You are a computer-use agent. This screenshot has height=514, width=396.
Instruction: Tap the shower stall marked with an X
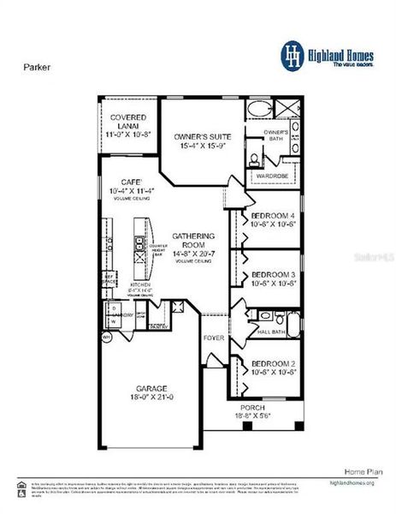[x=292, y=109]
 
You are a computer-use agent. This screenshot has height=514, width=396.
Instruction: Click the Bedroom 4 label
[x=272, y=216]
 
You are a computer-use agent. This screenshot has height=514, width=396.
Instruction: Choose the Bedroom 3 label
[x=272, y=275]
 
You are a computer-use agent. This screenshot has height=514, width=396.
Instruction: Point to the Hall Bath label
[x=270, y=332]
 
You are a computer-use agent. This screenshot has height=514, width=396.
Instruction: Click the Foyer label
[x=213, y=338]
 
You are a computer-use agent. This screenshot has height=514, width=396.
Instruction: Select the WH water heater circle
[x=106, y=338]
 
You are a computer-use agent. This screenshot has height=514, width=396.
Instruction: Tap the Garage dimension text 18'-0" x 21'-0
[x=150, y=397]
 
